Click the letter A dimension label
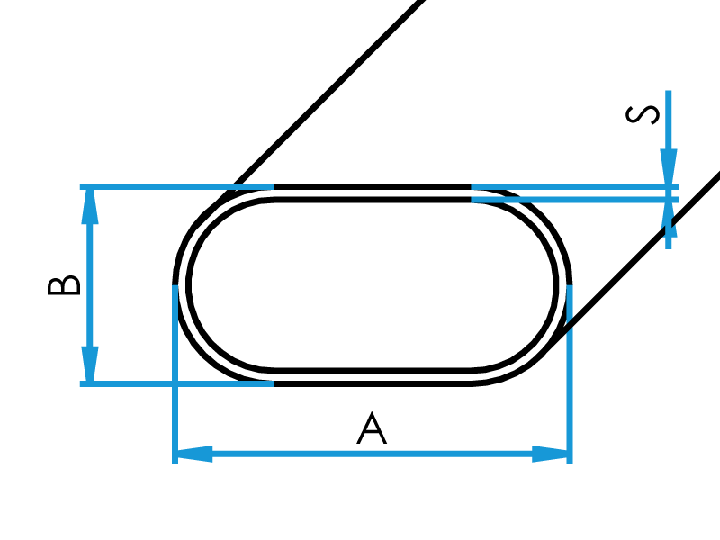click(372, 428)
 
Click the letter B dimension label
click(64, 285)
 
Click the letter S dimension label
click(643, 115)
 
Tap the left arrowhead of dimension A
click(194, 454)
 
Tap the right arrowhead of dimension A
click(550, 454)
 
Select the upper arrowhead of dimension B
click(90, 207)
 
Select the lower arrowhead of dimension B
click(90, 364)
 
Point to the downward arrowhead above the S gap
click(669, 166)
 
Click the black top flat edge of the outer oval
click(373, 186)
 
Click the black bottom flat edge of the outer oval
click(373, 384)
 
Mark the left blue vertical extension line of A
click(175, 374)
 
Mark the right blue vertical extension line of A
click(570, 374)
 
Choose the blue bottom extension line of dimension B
click(176, 384)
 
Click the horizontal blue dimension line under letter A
click(373, 454)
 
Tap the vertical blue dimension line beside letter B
click(90, 285)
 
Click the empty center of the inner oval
click(373, 285)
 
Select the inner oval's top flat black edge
click(373, 200)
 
